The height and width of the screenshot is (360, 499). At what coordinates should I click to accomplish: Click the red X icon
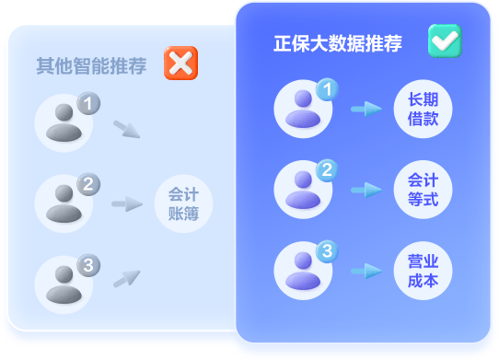[180, 64]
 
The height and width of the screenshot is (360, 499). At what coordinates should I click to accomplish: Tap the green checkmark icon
[445, 41]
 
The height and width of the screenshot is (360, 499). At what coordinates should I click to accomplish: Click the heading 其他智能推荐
[91, 66]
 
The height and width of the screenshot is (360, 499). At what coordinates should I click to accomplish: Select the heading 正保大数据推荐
[338, 43]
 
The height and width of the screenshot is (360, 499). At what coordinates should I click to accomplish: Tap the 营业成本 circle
[423, 271]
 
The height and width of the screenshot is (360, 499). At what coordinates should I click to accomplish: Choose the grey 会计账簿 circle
[183, 204]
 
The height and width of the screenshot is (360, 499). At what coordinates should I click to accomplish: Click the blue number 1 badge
[327, 90]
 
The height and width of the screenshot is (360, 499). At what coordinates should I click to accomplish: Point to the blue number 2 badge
[327, 170]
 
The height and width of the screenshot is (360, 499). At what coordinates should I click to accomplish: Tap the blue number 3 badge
[327, 250]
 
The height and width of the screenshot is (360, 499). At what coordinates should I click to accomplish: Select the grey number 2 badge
[87, 184]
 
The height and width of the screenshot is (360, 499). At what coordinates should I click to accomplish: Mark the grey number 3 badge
[87, 265]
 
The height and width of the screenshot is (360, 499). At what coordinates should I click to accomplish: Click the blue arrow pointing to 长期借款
[366, 110]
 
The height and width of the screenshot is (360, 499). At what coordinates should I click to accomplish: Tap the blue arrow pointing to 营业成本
[366, 271]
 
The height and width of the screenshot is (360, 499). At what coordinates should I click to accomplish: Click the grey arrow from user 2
[127, 203]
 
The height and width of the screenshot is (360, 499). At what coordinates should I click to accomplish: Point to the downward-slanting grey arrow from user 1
[127, 129]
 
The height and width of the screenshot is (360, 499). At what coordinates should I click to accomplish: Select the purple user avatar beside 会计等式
[303, 190]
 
